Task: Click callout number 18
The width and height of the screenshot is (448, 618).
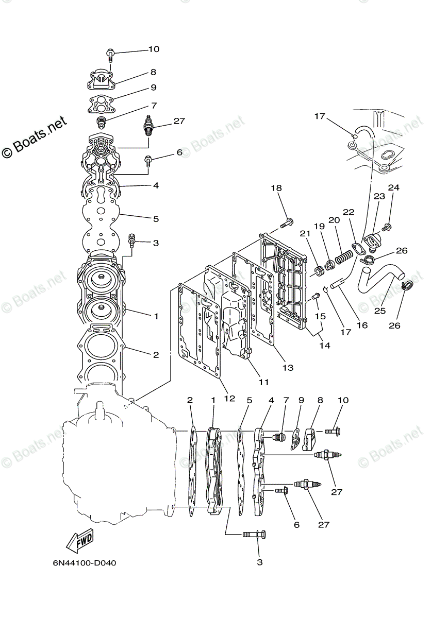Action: (277, 188)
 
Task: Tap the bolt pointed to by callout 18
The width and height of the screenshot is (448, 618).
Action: (287, 224)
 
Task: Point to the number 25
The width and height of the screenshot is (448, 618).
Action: (380, 311)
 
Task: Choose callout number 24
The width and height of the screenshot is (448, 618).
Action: (394, 188)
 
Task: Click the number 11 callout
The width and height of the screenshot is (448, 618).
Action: (263, 382)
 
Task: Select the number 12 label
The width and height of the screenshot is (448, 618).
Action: (229, 398)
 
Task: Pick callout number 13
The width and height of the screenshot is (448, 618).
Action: (288, 367)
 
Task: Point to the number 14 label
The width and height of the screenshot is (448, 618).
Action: (324, 346)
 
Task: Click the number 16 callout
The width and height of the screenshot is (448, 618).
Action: (362, 325)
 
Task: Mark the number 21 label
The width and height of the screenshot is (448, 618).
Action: (305, 234)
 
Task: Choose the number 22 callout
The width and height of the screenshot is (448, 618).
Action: (349, 212)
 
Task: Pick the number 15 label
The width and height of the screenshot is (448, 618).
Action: (321, 316)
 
